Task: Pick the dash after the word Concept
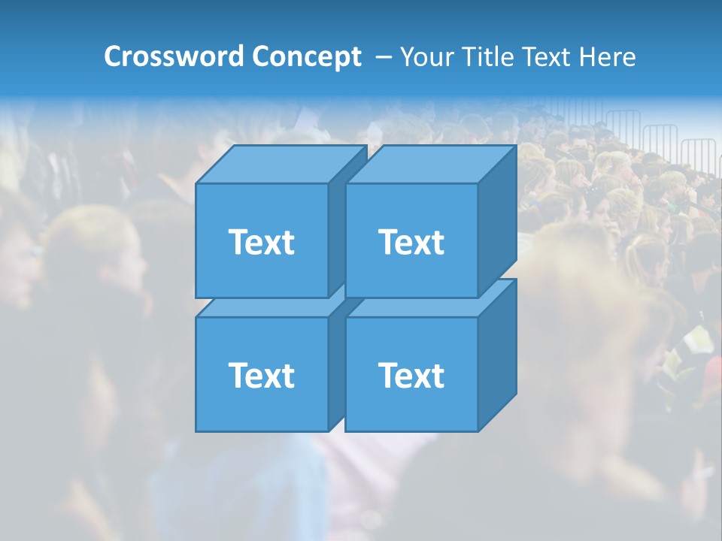382,58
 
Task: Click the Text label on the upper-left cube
261,242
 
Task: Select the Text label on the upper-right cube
411,242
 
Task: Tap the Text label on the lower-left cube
261,375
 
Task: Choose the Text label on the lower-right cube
411,375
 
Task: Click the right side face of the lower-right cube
497,355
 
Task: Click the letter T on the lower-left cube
238,375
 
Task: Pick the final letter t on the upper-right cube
438,243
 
